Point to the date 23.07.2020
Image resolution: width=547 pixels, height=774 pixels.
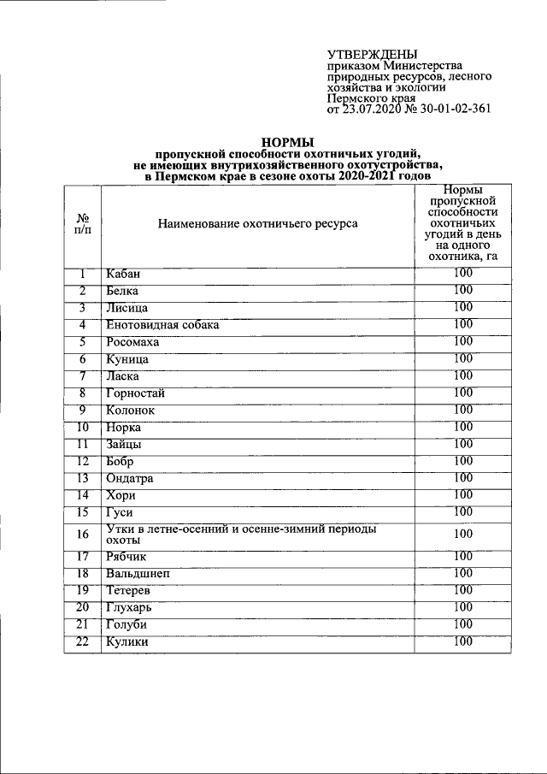click(x=369, y=109)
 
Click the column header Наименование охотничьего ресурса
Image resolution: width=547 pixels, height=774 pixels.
click(x=257, y=224)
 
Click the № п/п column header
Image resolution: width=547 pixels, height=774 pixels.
click(x=83, y=225)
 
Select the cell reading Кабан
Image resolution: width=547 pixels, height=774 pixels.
click(x=123, y=274)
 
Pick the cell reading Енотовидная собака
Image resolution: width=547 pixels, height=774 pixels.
click(x=162, y=325)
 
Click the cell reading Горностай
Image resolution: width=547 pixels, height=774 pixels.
click(x=136, y=393)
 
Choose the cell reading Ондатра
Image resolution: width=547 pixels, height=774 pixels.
click(x=130, y=479)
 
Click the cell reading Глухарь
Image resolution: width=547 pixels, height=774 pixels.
click(x=131, y=608)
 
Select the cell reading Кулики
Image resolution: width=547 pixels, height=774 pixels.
click(x=127, y=642)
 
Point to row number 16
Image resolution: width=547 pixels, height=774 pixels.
click(x=83, y=535)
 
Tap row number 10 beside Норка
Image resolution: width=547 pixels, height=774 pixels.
click(x=83, y=427)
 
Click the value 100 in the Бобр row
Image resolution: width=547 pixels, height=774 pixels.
click(x=463, y=461)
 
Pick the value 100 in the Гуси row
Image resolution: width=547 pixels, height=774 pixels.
click(x=463, y=511)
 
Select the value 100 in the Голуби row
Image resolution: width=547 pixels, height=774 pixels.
click(x=463, y=624)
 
